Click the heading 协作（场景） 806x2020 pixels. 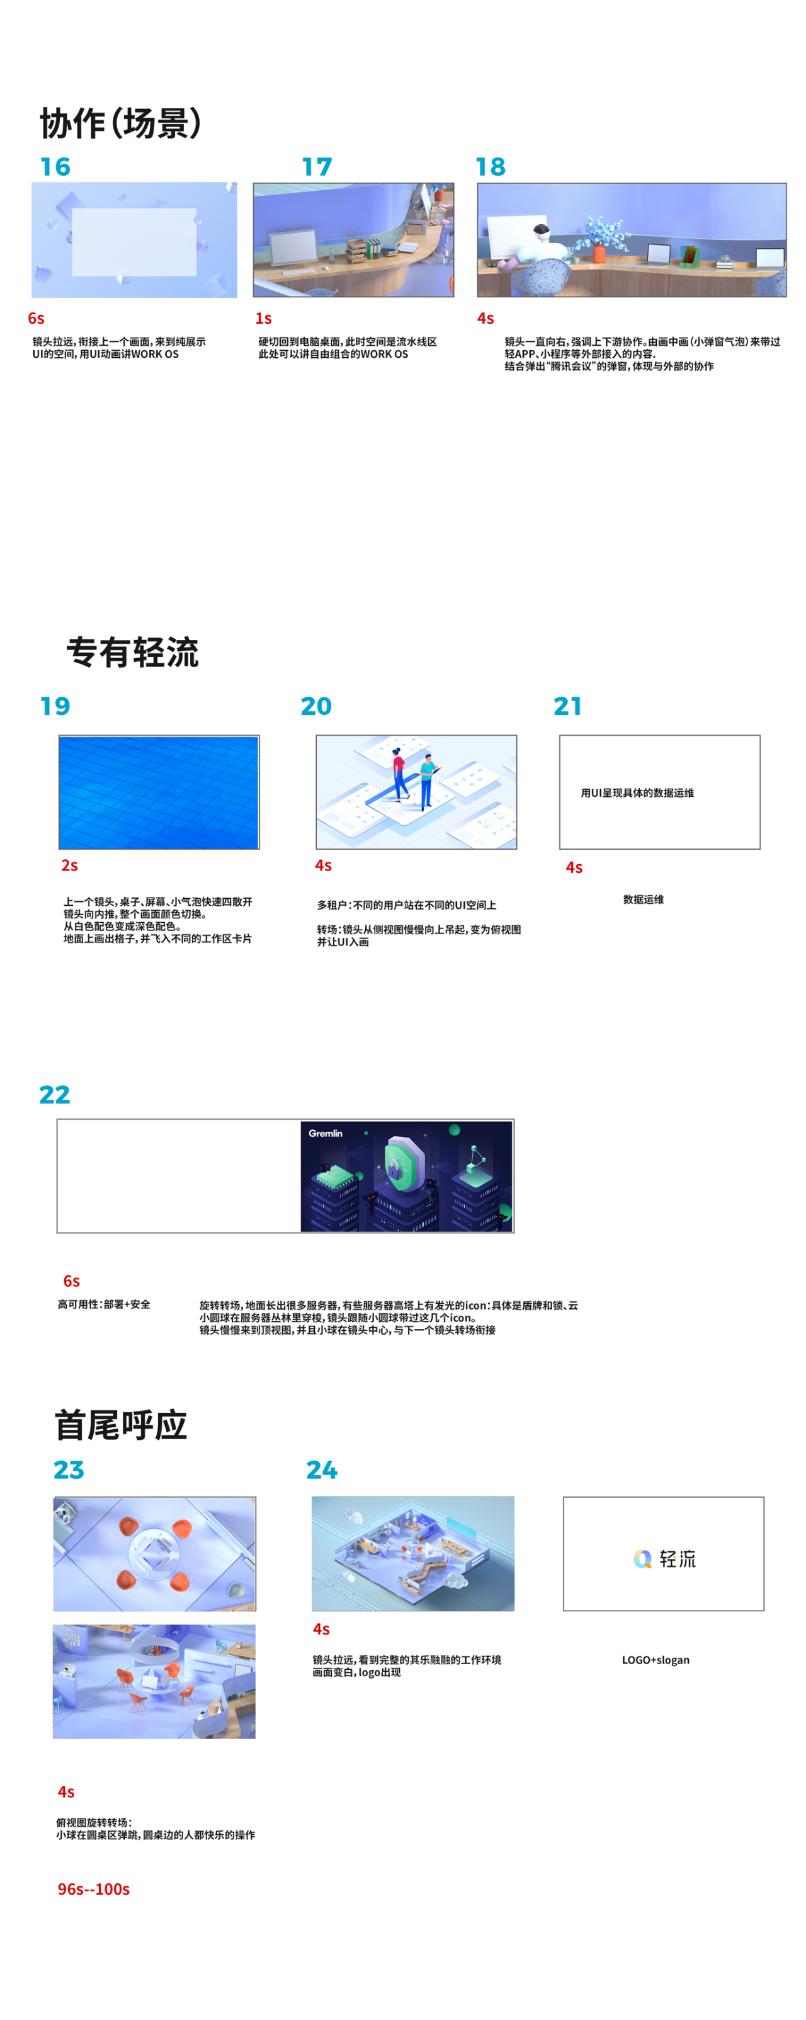121,123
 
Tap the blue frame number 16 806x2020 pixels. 55,167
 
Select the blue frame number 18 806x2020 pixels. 491,167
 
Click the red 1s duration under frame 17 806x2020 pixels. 263,318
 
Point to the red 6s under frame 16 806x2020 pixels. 36,318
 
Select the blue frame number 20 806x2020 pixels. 317,707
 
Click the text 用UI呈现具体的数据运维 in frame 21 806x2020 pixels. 637,793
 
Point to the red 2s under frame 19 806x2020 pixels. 70,865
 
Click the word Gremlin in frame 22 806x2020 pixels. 326,1133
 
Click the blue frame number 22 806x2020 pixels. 55,1095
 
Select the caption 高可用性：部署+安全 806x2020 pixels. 103,1304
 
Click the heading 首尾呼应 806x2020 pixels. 121,1425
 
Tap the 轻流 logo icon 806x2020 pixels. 643,1559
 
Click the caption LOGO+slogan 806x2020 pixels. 656,1660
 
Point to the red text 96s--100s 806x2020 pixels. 93,1889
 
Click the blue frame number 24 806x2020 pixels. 322,1469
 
